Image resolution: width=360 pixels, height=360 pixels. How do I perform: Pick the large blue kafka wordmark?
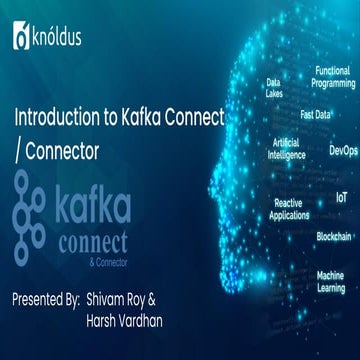click(x=93, y=207)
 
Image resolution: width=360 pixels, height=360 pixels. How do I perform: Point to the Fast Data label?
click(x=315, y=114)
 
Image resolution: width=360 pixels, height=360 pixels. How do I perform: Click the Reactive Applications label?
click(x=288, y=209)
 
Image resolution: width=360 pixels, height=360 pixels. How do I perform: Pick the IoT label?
click(x=341, y=199)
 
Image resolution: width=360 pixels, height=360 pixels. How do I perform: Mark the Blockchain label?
click(x=333, y=236)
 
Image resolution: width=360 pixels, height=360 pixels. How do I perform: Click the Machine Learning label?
click(x=331, y=281)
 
